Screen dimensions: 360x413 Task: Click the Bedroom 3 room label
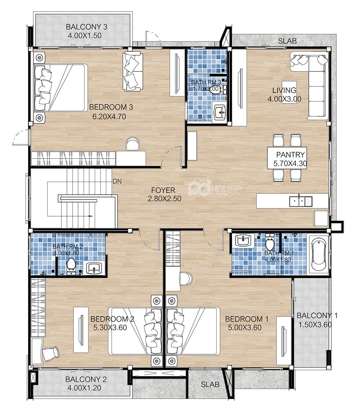(111, 107)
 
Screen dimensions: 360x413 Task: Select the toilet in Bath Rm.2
(71, 265)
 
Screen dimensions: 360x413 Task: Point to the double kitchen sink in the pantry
(301, 201)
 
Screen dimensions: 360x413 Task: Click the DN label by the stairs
(117, 182)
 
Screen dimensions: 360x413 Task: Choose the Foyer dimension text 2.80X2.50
(165, 199)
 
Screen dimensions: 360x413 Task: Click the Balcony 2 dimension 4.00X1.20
(84, 388)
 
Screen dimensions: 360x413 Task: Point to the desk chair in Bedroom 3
(132, 143)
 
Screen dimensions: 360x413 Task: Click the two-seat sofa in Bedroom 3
(132, 71)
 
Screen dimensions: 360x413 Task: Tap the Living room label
(284, 90)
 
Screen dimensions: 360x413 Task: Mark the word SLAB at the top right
(287, 41)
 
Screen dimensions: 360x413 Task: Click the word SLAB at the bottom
(210, 385)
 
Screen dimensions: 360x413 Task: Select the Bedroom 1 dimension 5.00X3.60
(245, 328)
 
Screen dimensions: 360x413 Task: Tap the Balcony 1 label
(317, 316)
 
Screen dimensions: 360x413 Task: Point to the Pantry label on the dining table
(290, 155)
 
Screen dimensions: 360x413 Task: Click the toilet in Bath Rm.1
(270, 242)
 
